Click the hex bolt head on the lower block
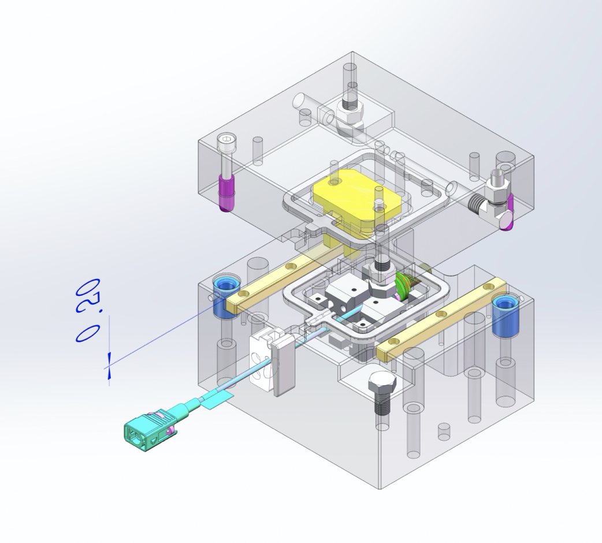click(381, 384)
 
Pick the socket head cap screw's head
click(225, 143)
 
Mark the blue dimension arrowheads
click(109, 367)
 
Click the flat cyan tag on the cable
click(218, 399)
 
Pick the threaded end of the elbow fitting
click(477, 203)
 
